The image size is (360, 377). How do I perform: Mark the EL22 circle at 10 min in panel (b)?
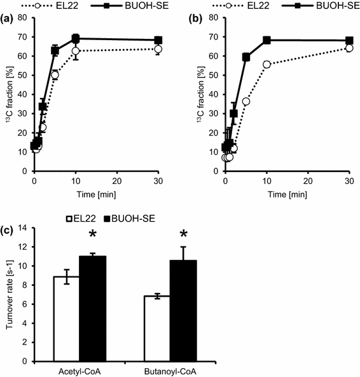coord(267,64)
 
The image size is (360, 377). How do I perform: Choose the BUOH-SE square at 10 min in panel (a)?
coord(75,39)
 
